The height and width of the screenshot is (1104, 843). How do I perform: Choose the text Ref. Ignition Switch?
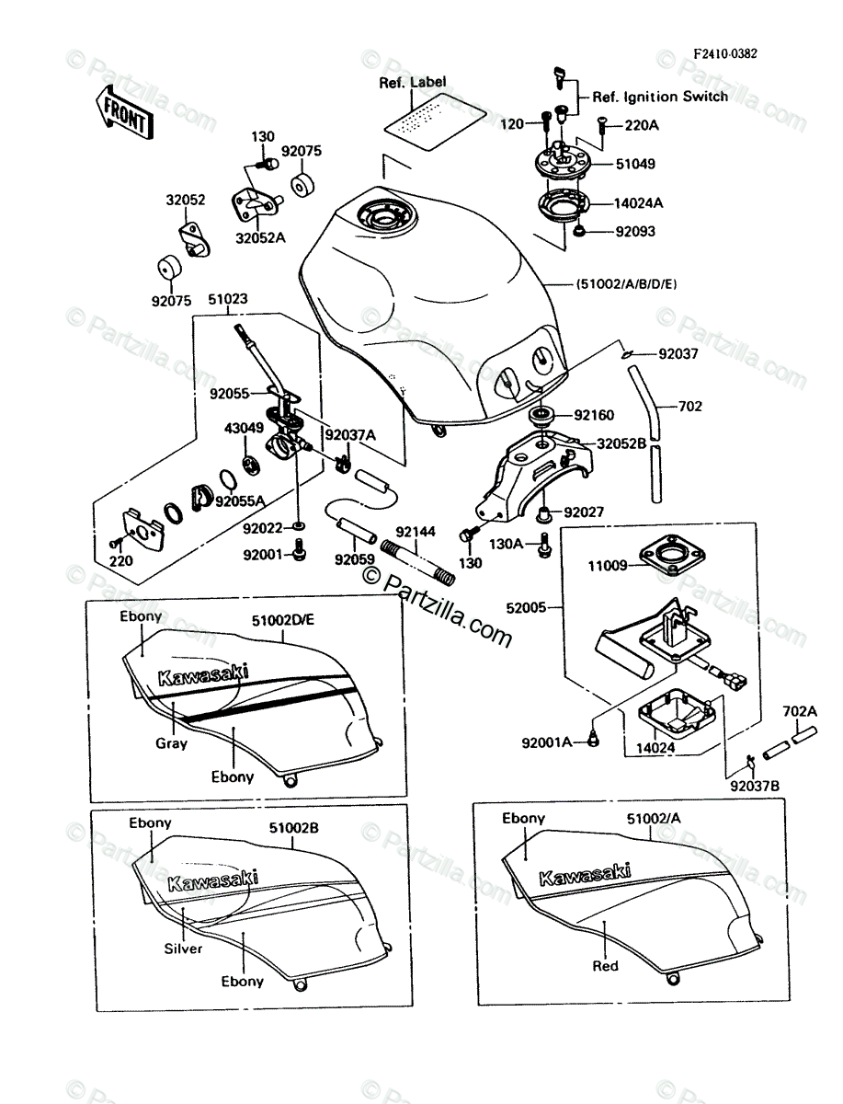tap(660, 96)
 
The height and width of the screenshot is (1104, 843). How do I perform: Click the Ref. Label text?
tap(413, 82)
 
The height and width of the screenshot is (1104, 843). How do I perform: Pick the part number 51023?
tap(227, 300)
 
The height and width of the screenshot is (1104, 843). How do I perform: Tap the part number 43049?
tap(242, 427)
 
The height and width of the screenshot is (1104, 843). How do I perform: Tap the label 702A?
tap(799, 710)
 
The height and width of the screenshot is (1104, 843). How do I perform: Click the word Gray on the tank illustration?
tap(171, 743)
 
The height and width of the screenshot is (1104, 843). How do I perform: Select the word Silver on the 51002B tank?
tap(184, 949)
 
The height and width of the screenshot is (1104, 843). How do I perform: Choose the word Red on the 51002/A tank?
tap(606, 966)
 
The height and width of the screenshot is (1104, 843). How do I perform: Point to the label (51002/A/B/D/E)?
tap(628, 284)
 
